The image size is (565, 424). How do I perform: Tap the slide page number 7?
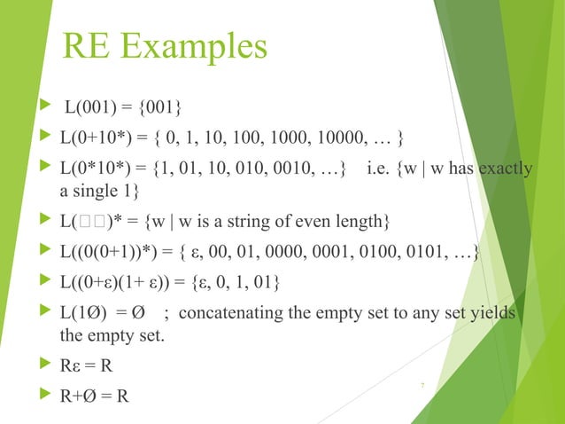tap(422, 384)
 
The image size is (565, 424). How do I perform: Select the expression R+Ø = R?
tap(93, 393)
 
